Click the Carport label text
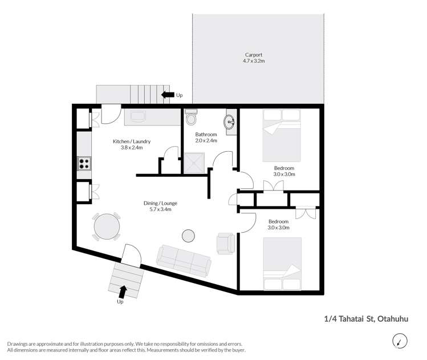point(258,55)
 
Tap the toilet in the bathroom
point(191,119)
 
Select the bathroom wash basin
point(230,121)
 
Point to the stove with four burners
point(84,163)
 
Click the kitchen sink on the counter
point(139,117)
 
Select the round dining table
point(107,226)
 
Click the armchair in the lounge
point(225,242)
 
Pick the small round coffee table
point(188,235)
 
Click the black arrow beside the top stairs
point(168,95)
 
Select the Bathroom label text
point(206,135)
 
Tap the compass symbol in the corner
point(400,341)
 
